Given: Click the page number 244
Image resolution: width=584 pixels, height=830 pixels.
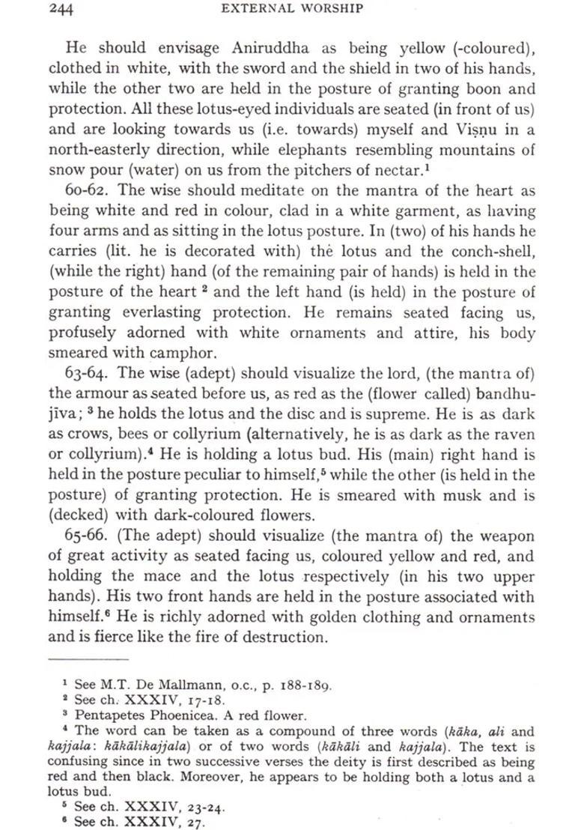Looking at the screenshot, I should pyautogui.click(x=64, y=9).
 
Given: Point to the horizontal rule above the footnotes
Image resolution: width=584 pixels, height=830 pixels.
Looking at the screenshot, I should pyautogui.click(x=88, y=659).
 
